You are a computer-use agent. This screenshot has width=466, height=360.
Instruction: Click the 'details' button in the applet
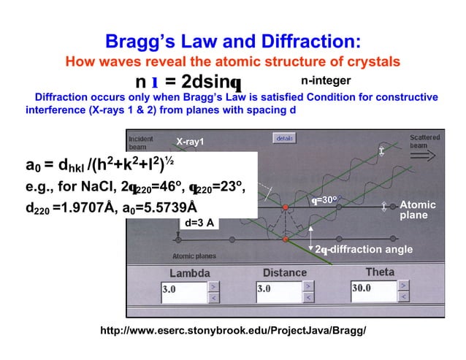(284, 137)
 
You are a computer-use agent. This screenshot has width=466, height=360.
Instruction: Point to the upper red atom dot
(286, 207)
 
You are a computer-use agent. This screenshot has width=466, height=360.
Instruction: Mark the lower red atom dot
(286, 239)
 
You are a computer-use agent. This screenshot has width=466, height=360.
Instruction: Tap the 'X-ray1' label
(190, 142)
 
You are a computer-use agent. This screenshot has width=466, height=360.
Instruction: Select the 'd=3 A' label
(199, 223)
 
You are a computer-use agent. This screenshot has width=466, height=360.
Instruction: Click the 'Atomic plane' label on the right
(419, 210)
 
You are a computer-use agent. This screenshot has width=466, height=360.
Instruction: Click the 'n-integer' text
(326, 77)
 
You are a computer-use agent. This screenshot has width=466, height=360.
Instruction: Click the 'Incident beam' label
(140, 142)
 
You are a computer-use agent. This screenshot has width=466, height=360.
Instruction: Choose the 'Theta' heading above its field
(379, 272)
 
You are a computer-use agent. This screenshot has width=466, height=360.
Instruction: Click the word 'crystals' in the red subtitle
(371, 61)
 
